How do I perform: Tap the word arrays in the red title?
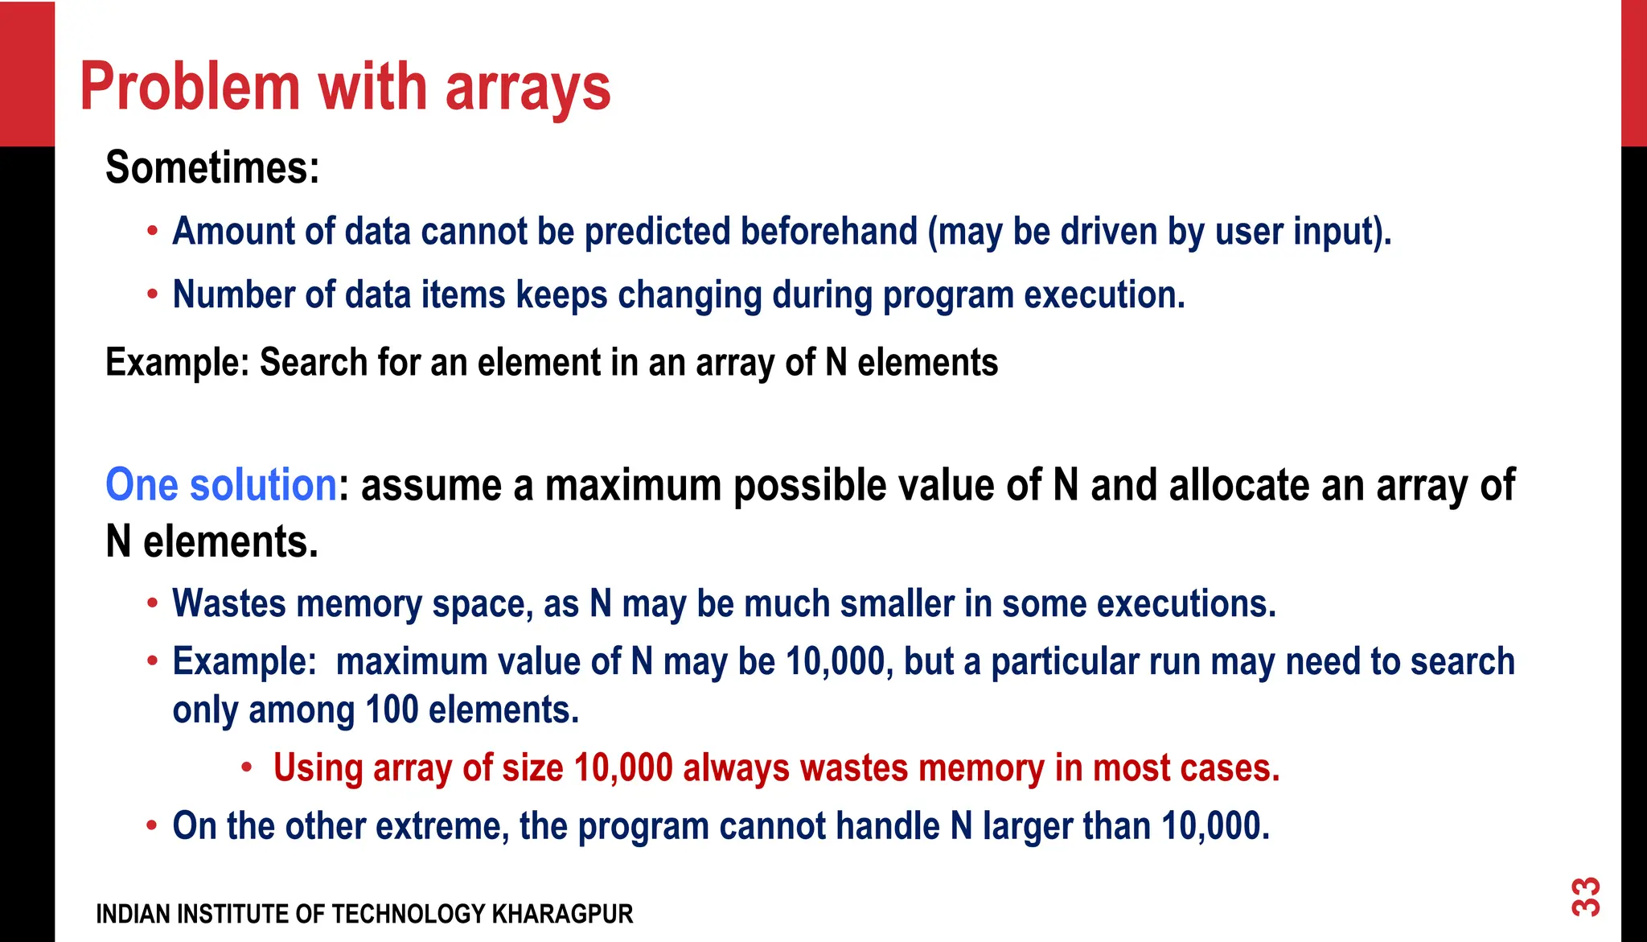tap(528, 88)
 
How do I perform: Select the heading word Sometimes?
tap(212, 167)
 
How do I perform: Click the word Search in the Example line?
tap(314, 363)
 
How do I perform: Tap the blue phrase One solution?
tap(221, 485)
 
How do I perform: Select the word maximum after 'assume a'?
tap(633, 486)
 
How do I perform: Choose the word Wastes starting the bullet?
tap(229, 604)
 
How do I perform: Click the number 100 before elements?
tap(392, 710)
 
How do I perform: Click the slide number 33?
tap(1586, 897)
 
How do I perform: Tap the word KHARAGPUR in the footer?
tap(562, 915)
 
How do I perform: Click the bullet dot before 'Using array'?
tap(248, 767)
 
